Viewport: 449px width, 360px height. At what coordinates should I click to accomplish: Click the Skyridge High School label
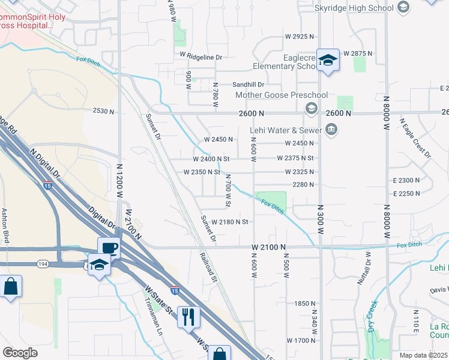pos(354,8)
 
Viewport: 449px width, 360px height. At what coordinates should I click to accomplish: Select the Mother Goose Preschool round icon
pos(311,108)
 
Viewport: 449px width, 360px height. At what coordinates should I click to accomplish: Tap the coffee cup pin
pos(109,247)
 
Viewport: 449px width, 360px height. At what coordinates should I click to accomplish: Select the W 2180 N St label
pos(230,222)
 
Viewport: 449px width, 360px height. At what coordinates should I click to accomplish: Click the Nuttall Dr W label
pos(368,267)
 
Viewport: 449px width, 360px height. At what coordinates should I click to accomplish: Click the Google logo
pos(20,352)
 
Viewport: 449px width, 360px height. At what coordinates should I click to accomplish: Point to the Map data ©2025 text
pos(423,355)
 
